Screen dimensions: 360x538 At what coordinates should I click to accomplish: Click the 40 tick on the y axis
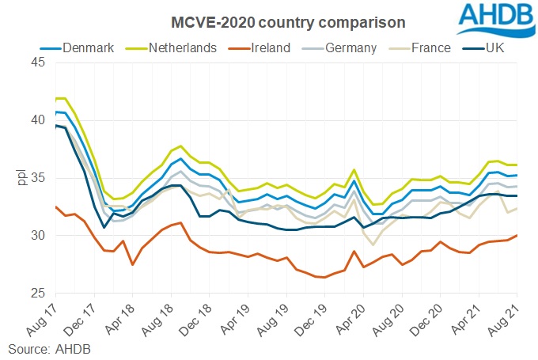pos(38,120)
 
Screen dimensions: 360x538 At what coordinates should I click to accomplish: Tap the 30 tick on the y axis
pos(38,236)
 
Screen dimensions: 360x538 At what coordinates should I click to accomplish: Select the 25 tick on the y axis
pos(38,294)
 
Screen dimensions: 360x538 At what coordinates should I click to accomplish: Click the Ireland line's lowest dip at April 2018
pos(132,264)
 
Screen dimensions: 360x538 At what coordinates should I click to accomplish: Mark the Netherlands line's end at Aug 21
pos(517,165)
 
